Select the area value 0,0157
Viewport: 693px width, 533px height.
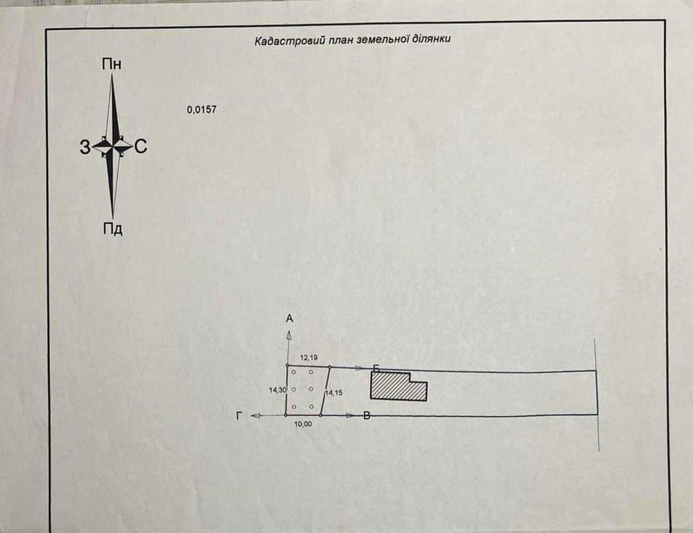tap(201, 110)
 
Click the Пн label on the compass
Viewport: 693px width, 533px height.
tap(112, 64)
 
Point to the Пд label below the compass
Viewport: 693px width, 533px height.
tap(113, 229)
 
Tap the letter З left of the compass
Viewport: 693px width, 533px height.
tap(85, 147)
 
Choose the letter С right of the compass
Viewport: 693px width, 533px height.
tap(141, 147)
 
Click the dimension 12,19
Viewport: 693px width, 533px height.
tap(309, 358)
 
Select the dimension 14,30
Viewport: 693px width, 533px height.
tap(278, 390)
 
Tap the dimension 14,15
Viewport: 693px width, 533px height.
tap(334, 393)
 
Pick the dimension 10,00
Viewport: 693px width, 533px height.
tap(303, 424)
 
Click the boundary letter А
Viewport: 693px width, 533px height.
tap(289, 319)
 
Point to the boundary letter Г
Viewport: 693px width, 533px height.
tap(239, 416)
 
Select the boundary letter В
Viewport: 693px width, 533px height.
tap(367, 416)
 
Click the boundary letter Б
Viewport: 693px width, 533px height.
tap(376, 369)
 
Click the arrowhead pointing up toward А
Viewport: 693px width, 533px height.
tap(289, 335)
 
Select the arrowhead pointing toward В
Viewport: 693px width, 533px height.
tap(350, 416)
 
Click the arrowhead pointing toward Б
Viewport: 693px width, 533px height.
tap(359, 368)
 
